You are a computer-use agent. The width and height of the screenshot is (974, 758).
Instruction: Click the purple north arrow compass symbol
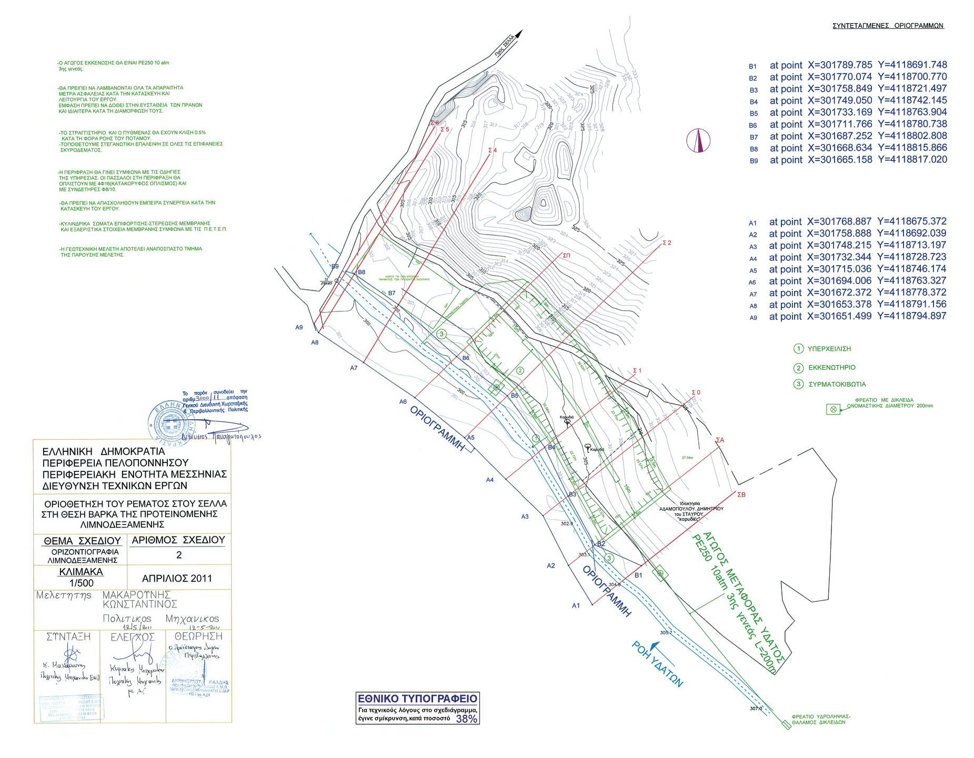point(698,140)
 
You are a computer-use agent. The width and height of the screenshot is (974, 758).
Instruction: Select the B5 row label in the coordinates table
point(754,114)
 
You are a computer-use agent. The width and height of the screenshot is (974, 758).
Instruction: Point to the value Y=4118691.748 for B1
point(912,65)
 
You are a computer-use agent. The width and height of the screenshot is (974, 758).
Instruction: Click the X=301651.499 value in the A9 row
point(839,316)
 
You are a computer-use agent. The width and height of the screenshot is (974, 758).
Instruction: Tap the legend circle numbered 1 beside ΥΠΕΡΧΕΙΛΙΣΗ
point(798,349)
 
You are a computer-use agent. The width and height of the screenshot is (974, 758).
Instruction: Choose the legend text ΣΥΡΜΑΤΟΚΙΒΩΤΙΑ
point(837,385)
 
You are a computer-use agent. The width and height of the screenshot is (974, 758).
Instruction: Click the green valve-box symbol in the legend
point(833,409)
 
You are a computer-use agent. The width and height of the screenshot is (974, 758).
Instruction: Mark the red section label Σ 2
point(667,243)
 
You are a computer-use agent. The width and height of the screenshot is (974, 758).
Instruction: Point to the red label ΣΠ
point(566,256)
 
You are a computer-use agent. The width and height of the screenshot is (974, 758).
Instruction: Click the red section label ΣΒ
point(741,494)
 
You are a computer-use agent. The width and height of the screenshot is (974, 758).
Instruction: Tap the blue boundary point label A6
point(403,402)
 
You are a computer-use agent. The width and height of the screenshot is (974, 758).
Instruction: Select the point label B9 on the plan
point(335,266)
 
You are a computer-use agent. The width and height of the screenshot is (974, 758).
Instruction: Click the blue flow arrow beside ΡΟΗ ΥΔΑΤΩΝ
point(654,645)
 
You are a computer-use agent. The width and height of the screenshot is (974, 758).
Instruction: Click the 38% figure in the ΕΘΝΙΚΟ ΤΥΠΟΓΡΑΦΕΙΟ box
point(466,719)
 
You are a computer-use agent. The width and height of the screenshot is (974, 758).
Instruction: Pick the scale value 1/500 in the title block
point(81,583)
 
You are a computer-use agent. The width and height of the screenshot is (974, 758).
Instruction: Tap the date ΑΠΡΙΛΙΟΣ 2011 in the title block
point(177,579)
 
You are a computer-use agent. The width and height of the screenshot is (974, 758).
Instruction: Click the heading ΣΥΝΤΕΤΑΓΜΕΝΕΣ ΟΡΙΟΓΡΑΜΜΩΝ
point(888,26)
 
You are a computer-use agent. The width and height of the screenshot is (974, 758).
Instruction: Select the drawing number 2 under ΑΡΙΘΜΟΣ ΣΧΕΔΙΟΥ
point(179,555)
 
